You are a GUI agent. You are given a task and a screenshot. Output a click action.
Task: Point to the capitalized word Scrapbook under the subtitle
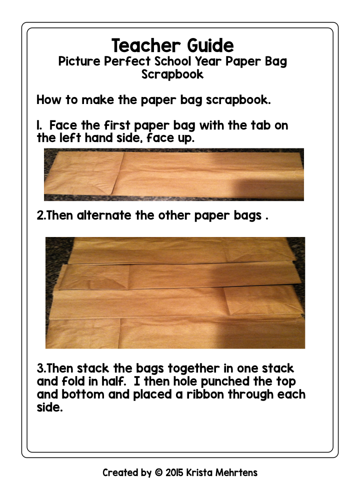point(172,74)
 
